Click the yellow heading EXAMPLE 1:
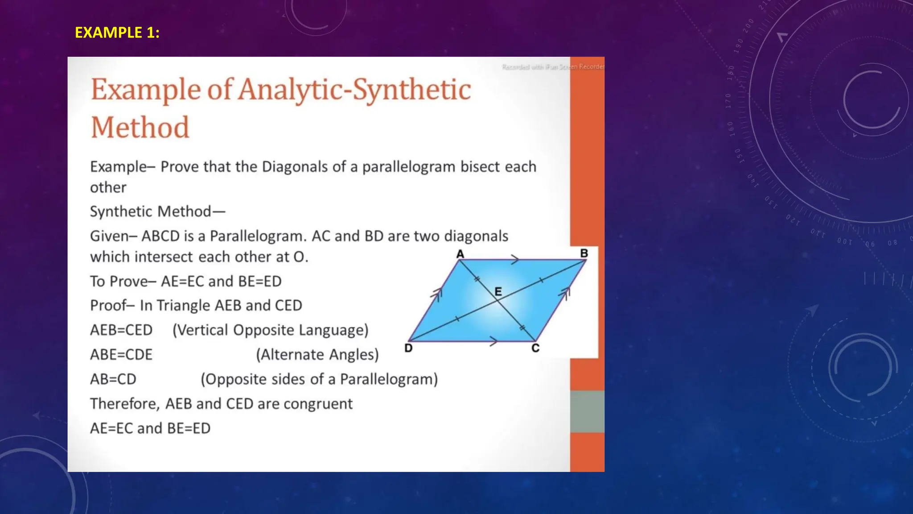(x=117, y=33)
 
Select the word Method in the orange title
(x=140, y=128)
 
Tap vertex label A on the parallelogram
(x=460, y=254)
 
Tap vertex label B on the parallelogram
(x=584, y=253)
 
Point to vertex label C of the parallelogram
(x=535, y=348)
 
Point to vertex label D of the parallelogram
(x=408, y=348)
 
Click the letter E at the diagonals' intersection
(x=498, y=292)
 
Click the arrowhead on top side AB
(x=515, y=259)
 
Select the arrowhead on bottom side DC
(x=494, y=342)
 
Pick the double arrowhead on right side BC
(x=565, y=293)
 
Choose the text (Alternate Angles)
(x=317, y=355)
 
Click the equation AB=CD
(x=113, y=379)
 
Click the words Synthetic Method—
(x=157, y=211)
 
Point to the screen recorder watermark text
(x=553, y=67)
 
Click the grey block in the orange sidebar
(x=587, y=411)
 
